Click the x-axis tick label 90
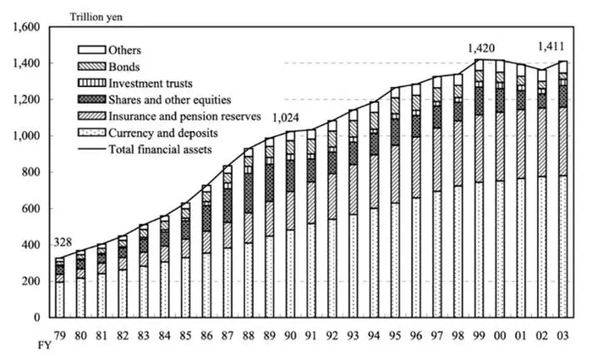(292, 333)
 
